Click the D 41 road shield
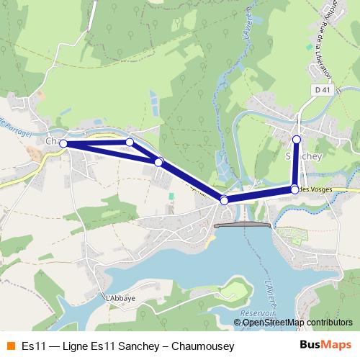point(321,89)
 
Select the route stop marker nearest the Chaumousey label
point(63,144)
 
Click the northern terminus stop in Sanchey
point(297,139)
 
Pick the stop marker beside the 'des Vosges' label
point(294,189)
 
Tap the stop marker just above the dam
point(224,199)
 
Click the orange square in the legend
point(10,346)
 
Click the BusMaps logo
point(326,346)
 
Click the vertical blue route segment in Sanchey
point(296,164)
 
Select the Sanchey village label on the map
point(306,155)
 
